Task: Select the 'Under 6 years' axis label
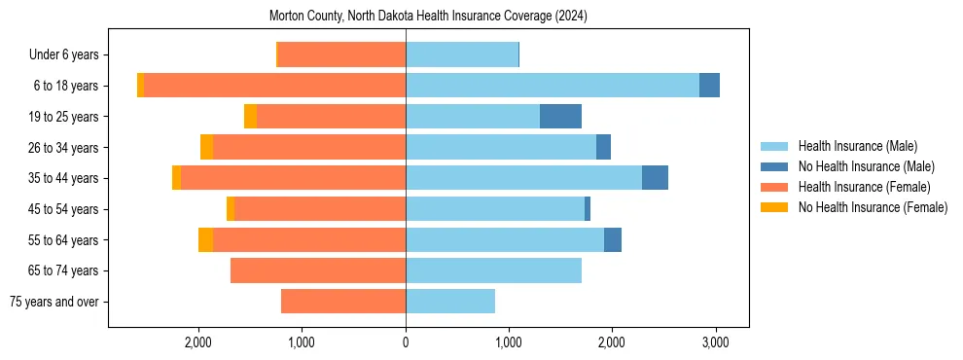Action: point(70,54)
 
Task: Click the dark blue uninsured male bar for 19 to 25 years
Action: point(560,117)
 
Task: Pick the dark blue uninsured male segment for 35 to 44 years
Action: point(655,178)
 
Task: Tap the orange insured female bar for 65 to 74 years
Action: point(318,270)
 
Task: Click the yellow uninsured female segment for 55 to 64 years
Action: point(205,239)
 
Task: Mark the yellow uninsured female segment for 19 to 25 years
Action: point(250,117)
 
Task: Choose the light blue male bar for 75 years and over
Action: point(450,302)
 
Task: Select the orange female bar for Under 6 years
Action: point(341,54)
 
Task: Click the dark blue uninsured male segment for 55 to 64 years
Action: point(613,239)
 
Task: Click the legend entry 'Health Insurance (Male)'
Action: point(857,146)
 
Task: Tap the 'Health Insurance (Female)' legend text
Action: point(864,187)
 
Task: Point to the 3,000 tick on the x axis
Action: point(715,342)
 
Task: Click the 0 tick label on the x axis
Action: point(406,342)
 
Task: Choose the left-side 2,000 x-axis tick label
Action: point(198,342)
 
